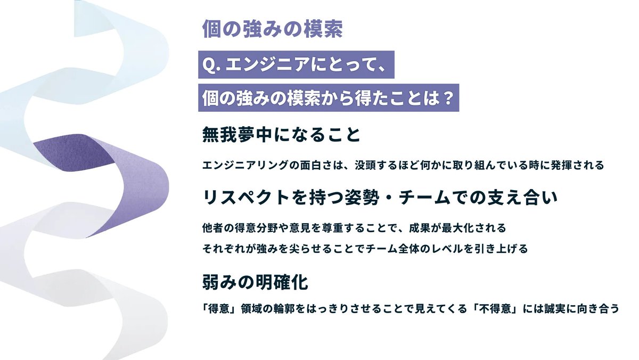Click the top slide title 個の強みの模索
click(272, 29)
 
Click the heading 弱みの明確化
click(255, 282)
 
